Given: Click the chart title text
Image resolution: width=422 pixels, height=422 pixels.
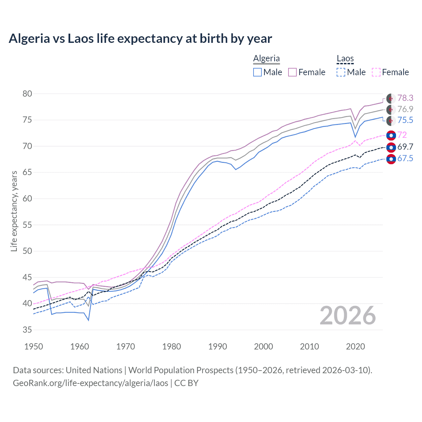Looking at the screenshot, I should pyautogui.click(x=140, y=39).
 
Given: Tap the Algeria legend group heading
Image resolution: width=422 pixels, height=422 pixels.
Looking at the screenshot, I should pyautogui.click(x=266, y=59).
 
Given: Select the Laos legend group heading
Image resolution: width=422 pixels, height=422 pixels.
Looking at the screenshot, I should pyautogui.click(x=345, y=59).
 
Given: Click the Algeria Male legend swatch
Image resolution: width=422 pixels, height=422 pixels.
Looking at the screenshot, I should pyautogui.click(x=257, y=72).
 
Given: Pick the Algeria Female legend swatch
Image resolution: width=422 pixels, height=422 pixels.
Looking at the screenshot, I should pyautogui.click(x=292, y=72).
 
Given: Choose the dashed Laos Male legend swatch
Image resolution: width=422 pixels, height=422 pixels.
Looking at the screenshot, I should pyautogui.click(x=341, y=72).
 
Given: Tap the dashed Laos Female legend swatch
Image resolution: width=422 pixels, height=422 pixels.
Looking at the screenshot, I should pyautogui.click(x=376, y=72).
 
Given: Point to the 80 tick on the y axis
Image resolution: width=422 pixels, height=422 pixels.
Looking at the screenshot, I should pyautogui.click(x=27, y=94).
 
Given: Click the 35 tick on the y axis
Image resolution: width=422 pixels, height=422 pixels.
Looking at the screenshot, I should pyautogui.click(x=27, y=330).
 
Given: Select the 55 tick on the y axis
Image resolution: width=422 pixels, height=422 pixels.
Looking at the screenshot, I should pyautogui.click(x=27, y=225).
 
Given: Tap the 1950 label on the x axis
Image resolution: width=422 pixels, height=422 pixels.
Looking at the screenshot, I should pyautogui.click(x=34, y=347).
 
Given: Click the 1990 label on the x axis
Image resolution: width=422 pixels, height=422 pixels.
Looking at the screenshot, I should pyautogui.click(x=218, y=347).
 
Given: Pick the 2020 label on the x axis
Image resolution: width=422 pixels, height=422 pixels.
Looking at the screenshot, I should pyautogui.click(x=355, y=347).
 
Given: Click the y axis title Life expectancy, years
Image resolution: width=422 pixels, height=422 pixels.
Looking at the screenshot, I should pyautogui.click(x=14, y=211).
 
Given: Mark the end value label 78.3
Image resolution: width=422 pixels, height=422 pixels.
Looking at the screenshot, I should pyautogui.click(x=405, y=98).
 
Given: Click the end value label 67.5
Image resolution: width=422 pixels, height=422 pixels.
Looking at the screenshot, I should pyautogui.click(x=405, y=159).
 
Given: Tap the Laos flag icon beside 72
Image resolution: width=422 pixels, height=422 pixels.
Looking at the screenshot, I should pyautogui.click(x=391, y=135).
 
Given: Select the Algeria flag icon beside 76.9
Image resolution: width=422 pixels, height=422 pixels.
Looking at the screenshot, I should pyautogui.click(x=391, y=109).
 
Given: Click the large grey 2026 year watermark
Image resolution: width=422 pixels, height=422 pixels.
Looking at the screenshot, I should pyautogui.click(x=348, y=316).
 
